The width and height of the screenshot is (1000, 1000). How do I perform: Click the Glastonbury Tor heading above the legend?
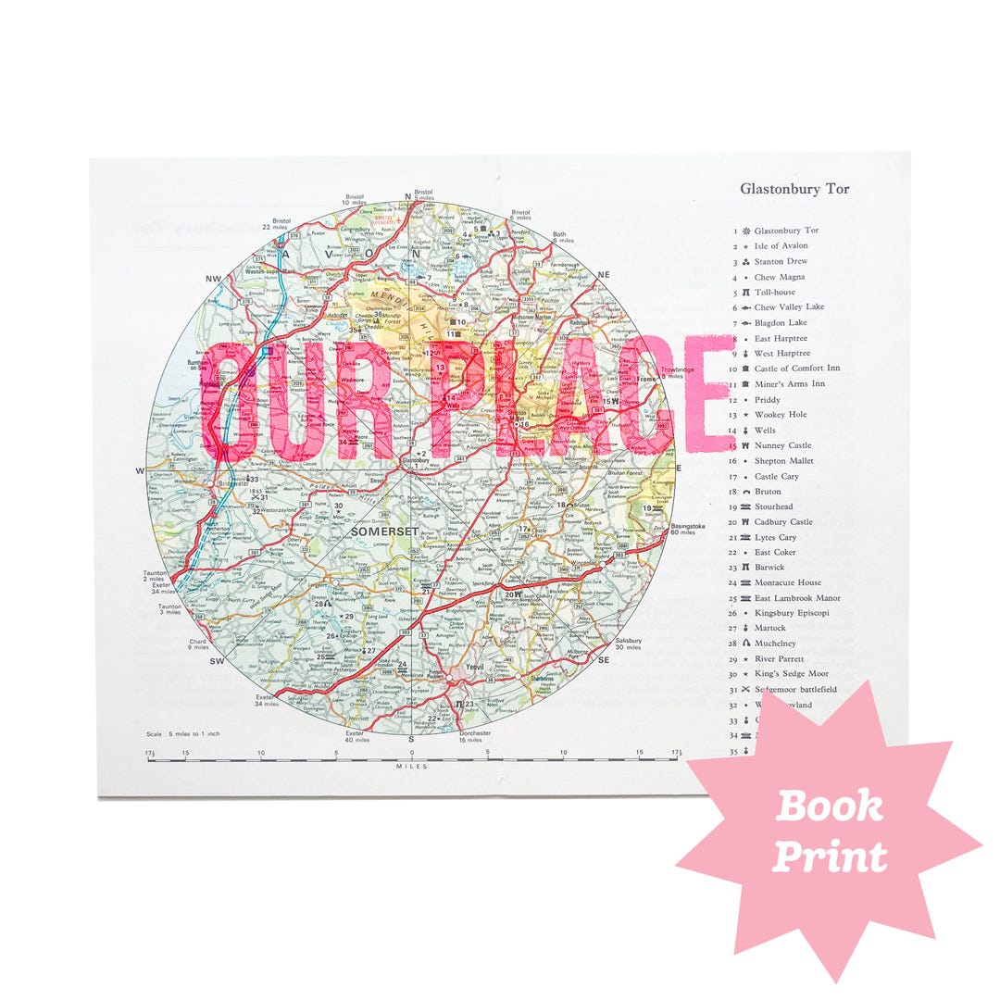pyautogui.click(x=794, y=189)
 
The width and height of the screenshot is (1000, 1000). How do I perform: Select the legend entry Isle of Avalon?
pyautogui.click(x=781, y=246)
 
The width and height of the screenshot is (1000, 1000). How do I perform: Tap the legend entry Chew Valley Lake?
pyautogui.click(x=788, y=307)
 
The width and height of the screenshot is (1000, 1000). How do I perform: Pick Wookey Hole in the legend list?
pyautogui.click(x=780, y=415)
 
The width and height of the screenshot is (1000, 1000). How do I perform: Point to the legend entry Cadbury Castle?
pyautogui.click(x=782, y=522)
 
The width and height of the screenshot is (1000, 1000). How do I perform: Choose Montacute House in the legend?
pyautogui.click(x=787, y=582)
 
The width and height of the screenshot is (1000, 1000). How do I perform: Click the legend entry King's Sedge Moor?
pyautogui.click(x=791, y=674)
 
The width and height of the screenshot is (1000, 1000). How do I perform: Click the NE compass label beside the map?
pyautogui.click(x=604, y=275)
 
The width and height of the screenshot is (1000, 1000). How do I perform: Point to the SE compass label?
pyautogui.click(x=604, y=660)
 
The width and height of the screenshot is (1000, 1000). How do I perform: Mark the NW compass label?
pyautogui.click(x=214, y=279)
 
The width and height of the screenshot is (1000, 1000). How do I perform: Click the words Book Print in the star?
pyautogui.click(x=829, y=831)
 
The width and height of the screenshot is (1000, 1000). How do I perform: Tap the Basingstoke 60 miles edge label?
pyautogui.click(x=687, y=529)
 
